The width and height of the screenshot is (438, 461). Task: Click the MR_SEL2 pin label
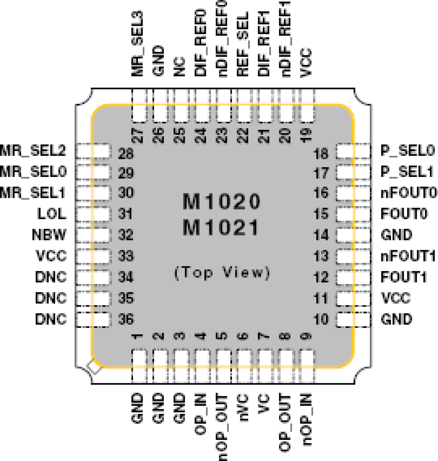click(x=33, y=151)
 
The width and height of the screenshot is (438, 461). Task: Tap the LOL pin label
click(x=52, y=214)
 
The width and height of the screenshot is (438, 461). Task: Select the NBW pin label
click(x=49, y=235)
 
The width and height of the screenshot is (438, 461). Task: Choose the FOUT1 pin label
click(x=403, y=277)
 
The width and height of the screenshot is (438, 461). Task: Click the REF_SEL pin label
click(x=242, y=44)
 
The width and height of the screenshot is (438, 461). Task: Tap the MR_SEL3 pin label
click(x=137, y=44)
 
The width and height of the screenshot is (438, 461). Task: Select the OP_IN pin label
click(x=201, y=414)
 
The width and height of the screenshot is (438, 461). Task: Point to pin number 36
click(x=126, y=319)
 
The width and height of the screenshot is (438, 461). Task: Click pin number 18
click(x=321, y=154)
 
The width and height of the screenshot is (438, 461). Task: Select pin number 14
click(x=321, y=235)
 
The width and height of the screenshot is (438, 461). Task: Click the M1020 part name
click(x=221, y=201)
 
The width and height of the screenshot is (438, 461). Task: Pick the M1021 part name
click(x=221, y=228)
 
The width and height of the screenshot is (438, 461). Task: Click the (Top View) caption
click(x=222, y=272)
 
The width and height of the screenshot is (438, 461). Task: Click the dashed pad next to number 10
click(x=353, y=319)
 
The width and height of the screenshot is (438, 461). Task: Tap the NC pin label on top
click(x=179, y=67)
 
